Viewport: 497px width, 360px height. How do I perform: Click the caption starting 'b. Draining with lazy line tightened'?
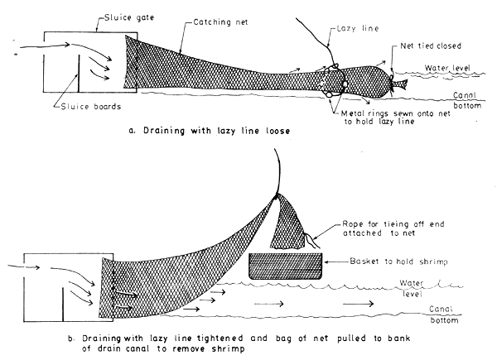(x=248, y=341)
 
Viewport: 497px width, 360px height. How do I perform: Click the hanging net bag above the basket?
(x=293, y=220)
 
